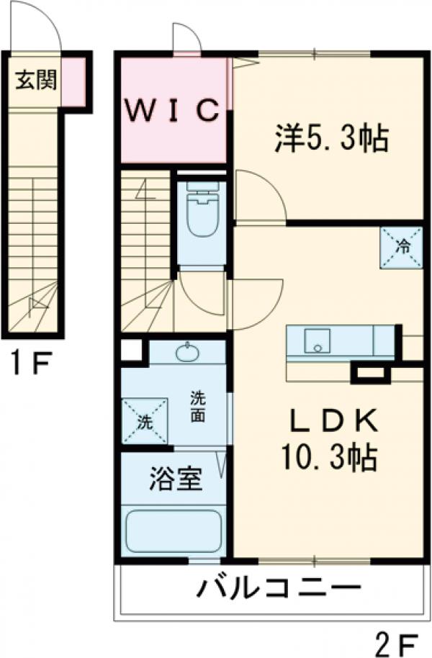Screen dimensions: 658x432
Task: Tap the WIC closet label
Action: click(x=172, y=109)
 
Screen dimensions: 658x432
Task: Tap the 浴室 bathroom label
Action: click(x=175, y=479)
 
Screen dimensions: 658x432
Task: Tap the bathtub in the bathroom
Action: click(x=173, y=532)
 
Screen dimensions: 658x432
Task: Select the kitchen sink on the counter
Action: click(x=316, y=340)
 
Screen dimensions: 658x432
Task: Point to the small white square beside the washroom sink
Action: click(x=131, y=351)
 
